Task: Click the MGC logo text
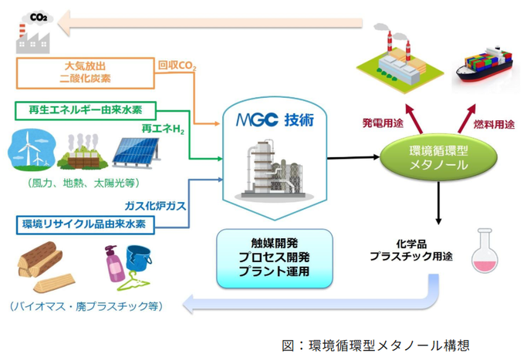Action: tap(257, 120)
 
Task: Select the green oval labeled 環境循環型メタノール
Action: tap(438, 157)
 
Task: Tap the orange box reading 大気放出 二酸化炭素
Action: tap(86, 73)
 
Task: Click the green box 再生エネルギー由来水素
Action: tap(86, 110)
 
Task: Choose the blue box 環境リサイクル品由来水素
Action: tap(86, 224)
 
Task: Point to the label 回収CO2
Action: tap(177, 66)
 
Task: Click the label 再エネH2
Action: tap(163, 129)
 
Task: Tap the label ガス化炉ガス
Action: tap(155, 206)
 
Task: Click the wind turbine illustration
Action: tap(32, 149)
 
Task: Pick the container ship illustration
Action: tap(485, 66)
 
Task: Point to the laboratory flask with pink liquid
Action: tap(485, 251)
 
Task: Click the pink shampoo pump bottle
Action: tap(113, 264)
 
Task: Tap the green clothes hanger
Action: tap(133, 281)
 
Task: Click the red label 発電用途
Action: tap(383, 123)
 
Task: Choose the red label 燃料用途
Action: tap(494, 125)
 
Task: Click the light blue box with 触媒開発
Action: tap(275, 258)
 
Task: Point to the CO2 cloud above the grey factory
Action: tap(38, 17)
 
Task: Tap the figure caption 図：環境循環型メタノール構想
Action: tap(376, 345)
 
